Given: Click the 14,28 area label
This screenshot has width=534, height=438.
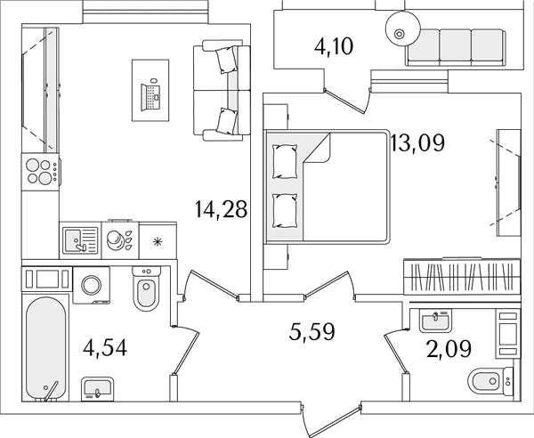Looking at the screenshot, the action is click(x=221, y=209).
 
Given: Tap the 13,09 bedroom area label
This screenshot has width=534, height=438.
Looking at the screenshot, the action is click(x=418, y=143).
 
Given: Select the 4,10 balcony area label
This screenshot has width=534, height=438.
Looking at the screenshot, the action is click(x=334, y=46).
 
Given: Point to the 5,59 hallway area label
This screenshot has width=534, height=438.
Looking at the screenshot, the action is click(x=312, y=332).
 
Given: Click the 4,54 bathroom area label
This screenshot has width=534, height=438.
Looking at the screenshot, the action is click(x=105, y=348).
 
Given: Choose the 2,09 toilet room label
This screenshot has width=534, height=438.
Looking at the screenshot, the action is click(x=449, y=349).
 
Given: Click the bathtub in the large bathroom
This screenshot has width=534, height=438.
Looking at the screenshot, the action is click(x=45, y=348).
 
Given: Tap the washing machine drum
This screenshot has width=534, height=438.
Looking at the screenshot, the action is click(x=92, y=285).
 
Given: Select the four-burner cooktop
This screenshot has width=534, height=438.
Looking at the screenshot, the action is click(x=40, y=172).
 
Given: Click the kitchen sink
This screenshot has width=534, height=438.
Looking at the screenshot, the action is click(x=80, y=240).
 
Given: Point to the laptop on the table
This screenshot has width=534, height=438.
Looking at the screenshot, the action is click(x=150, y=96).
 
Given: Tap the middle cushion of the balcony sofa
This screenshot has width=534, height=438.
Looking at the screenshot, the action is click(x=456, y=45).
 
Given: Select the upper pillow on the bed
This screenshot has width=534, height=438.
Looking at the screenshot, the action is click(x=285, y=162).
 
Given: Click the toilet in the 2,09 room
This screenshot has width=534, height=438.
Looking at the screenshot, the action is click(x=489, y=381).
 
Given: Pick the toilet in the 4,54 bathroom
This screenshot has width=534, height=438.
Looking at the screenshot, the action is click(x=147, y=288).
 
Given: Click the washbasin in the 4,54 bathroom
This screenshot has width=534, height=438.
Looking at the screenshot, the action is click(x=97, y=389).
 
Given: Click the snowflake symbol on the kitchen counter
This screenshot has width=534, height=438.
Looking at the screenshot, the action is click(x=158, y=241).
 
